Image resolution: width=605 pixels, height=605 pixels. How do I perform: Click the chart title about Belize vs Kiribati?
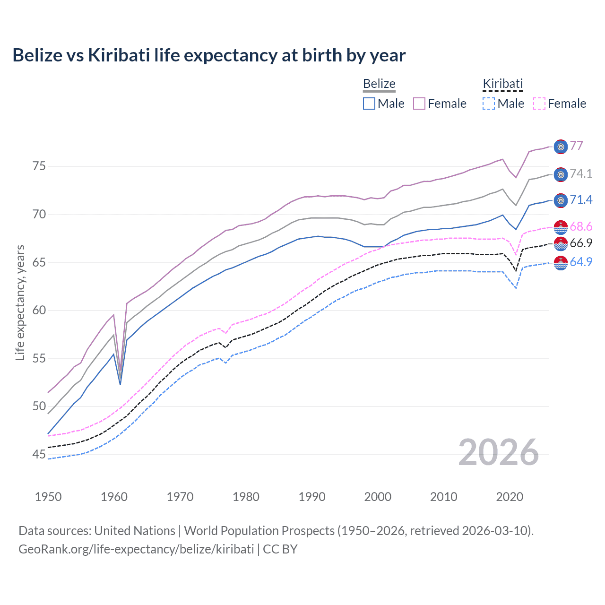[209, 55]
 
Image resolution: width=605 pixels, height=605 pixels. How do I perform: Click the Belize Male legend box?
[369, 104]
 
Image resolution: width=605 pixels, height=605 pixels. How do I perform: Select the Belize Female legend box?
[419, 104]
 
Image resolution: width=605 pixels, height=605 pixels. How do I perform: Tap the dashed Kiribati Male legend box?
[489, 104]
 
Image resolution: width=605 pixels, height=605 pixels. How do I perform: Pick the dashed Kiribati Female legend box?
[539, 104]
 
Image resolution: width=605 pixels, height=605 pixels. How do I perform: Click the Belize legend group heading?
[379, 84]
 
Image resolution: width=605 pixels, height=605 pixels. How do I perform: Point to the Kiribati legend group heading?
[502, 84]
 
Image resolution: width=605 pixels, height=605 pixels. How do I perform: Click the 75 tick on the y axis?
[39, 166]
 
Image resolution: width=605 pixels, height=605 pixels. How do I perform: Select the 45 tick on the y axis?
[39, 455]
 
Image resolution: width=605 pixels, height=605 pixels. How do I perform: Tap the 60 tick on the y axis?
[39, 311]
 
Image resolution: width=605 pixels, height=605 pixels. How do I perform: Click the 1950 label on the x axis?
[48, 497]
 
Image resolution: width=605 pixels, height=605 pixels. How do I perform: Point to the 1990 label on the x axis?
[312, 497]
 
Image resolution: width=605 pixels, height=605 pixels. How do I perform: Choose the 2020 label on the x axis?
[510, 497]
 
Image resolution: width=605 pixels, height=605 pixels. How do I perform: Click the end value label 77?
[576, 146]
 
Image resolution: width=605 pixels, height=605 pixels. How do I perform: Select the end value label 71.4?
[581, 200]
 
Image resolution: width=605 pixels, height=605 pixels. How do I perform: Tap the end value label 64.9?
[581, 262]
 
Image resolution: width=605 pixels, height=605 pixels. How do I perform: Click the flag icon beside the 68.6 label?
[561, 227]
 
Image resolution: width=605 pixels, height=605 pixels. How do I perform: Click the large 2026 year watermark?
[499, 453]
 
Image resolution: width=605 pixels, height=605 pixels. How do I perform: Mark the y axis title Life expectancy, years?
[20, 302]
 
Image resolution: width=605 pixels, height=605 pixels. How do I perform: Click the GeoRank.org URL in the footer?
[136, 549]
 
